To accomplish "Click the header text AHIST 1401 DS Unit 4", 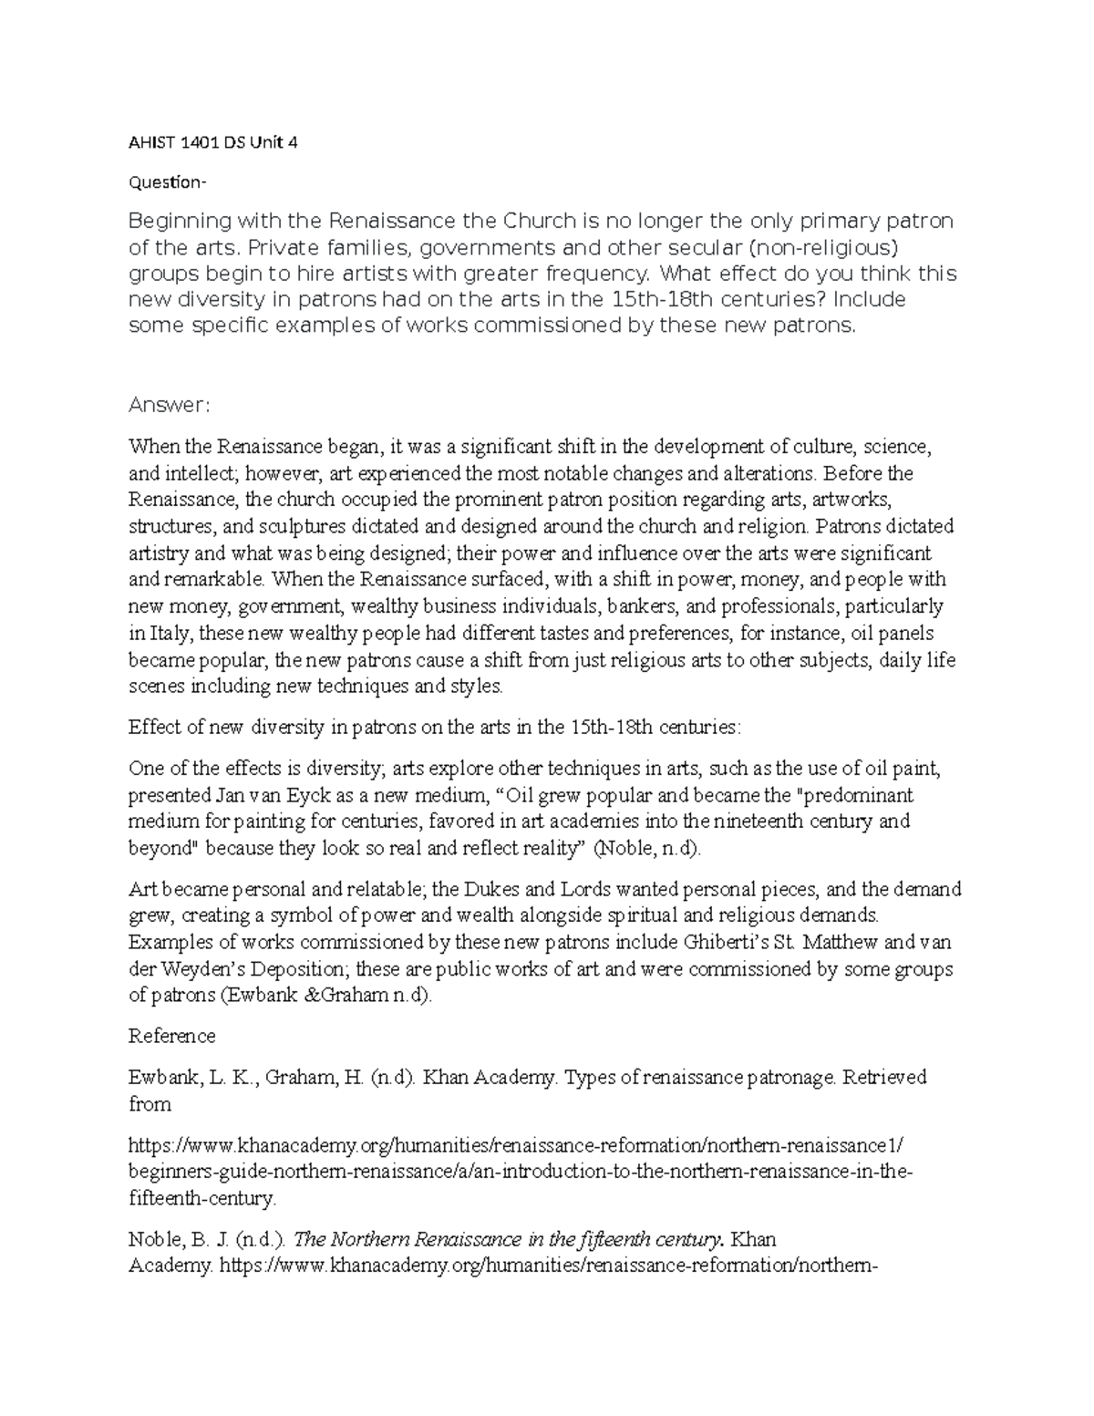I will tap(212, 142).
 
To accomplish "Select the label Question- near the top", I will tap(168, 182).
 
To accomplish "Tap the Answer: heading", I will tap(170, 405).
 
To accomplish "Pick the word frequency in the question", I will tap(598, 274).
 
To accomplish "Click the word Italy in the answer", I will tap(168, 633).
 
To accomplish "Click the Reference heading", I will tap(172, 1037).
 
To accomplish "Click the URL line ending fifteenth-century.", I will tap(201, 1198).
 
